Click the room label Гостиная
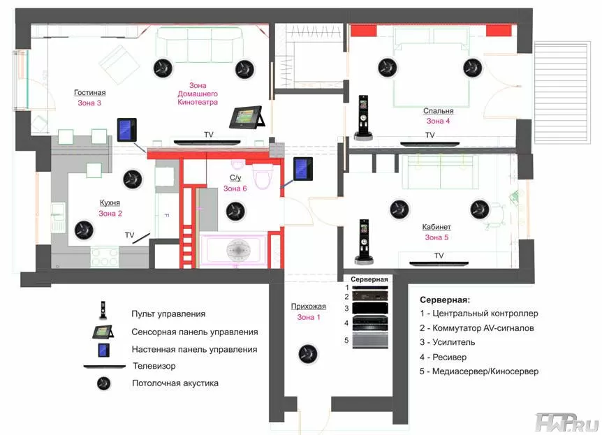(x=90, y=93)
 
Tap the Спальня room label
(x=438, y=111)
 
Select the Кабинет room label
(x=436, y=227)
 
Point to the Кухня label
(x=110, y=202)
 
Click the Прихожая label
(x=308, y=307)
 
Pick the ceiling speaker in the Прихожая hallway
(x=308, y=353)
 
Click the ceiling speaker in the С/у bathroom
(x=235, y=211)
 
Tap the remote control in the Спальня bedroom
(x=363, y=117)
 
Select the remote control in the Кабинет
(x=364, y=242)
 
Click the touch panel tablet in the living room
(x=247, y=117)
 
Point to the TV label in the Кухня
(x=129, y=235)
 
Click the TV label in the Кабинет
(x=439, y=256)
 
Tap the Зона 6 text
(x=235, y=189)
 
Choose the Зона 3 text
(x=89, y=103)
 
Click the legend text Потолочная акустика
(x=175, y=383)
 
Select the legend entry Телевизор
(x=154, y=366)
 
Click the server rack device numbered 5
(x=370, y=341)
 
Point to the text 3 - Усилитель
(x=447, y=342)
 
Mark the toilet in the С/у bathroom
(x=263, y=177)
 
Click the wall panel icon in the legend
(x=103, y=350)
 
